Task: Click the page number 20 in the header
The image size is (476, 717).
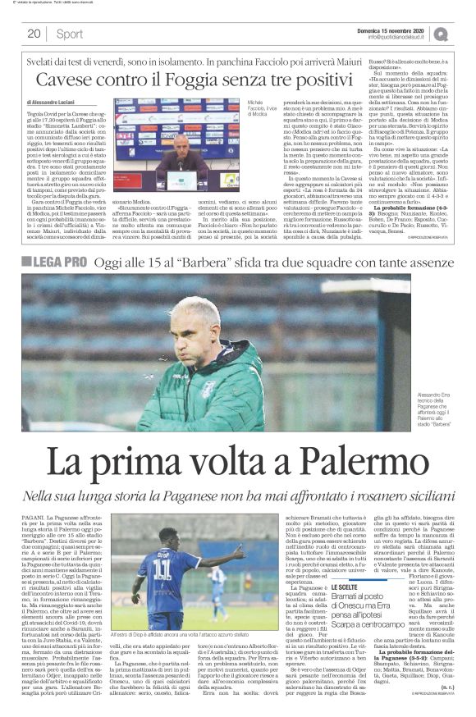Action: click(x=34, y=34)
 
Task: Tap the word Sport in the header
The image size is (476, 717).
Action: click(x=69, y=34)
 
